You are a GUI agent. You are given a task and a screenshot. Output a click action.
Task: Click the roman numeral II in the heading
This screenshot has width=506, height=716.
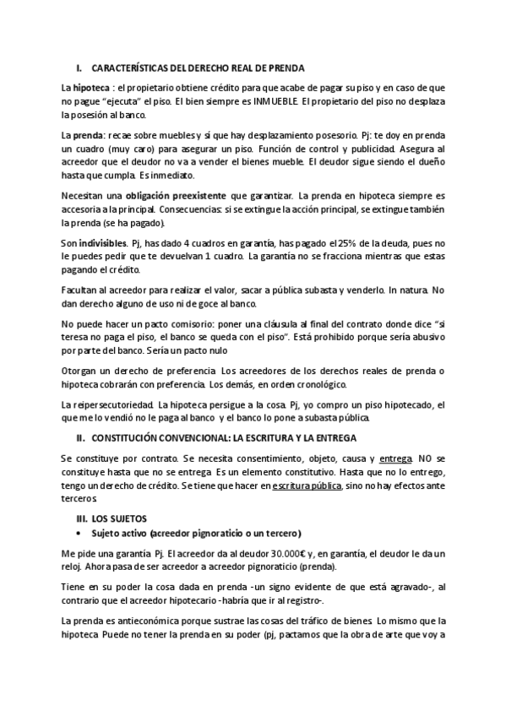tap(80, 438)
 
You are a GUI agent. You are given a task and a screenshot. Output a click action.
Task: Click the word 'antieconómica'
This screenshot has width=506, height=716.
tap(154, 621)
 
